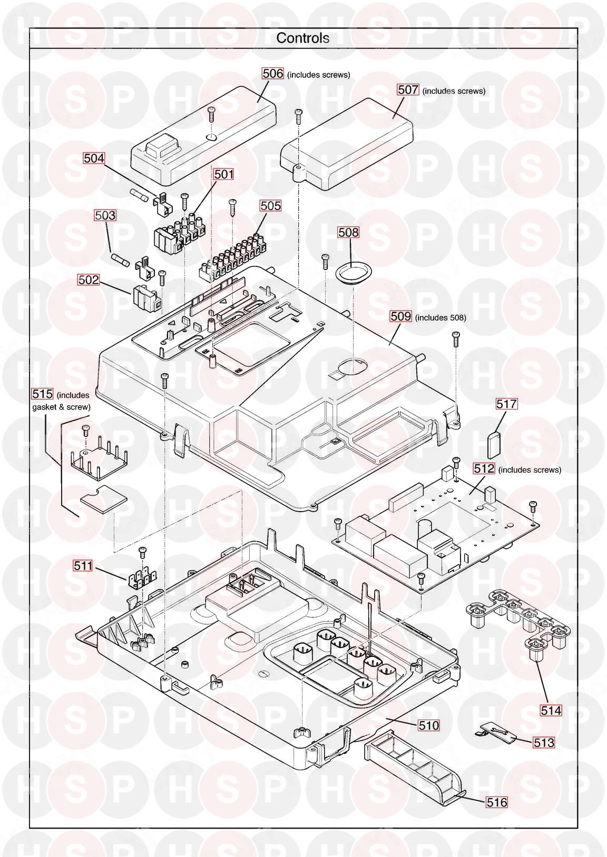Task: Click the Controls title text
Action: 303,38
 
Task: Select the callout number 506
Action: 273,74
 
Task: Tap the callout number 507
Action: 408,90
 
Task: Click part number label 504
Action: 94,158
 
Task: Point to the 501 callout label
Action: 223,174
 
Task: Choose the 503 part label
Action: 105,215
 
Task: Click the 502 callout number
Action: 89,280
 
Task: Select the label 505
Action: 270,205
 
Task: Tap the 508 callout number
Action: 348,232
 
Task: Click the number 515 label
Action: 43,394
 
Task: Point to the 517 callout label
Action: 507,404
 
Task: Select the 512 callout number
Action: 484,469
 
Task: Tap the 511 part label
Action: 83,566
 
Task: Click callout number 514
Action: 551,710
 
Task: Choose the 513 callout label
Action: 544,742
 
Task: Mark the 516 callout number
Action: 496,802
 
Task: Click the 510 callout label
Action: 428,725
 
